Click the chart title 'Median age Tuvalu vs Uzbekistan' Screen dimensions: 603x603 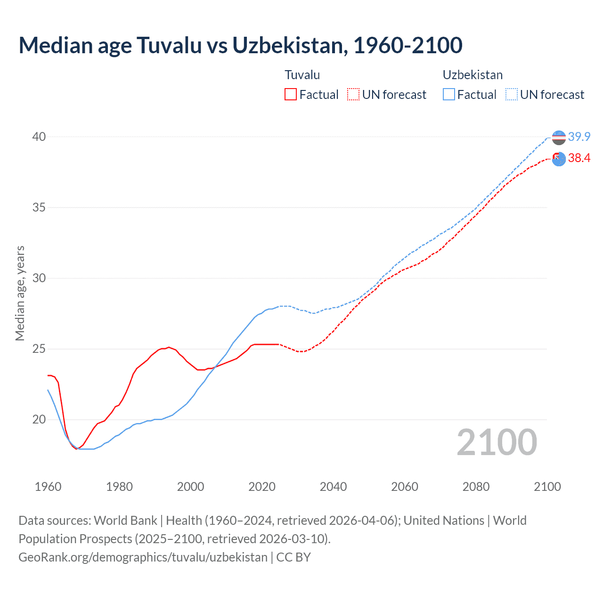coord(240,45)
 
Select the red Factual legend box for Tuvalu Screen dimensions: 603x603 coord(291,95)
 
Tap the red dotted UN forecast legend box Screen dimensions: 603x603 coord(353,95)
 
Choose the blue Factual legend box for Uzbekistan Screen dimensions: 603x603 coord(449,95)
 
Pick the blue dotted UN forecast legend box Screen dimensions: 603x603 coord(512,95)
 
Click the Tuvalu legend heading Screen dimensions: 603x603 coord(302,75)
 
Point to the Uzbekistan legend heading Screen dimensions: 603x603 coord(473,75)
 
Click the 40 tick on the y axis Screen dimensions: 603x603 coord(39,137)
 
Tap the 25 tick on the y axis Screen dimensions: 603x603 coord(39,349)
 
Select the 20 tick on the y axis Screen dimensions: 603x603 coord(39,420)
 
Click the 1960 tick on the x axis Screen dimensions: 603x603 coord(48,487)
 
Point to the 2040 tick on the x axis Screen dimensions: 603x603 coord(333,487)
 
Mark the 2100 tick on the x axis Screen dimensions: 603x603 coord(547,487)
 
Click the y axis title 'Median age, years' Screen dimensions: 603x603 coord(20,293)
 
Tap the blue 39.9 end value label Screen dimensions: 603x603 coord(579,137)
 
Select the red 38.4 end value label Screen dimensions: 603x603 coord(579,158)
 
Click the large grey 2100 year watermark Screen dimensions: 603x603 coord(497,442)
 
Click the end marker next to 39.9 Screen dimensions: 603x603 coord(559,138)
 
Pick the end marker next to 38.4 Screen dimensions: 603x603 coord(559,159)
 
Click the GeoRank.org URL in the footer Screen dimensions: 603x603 coord(143,557)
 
